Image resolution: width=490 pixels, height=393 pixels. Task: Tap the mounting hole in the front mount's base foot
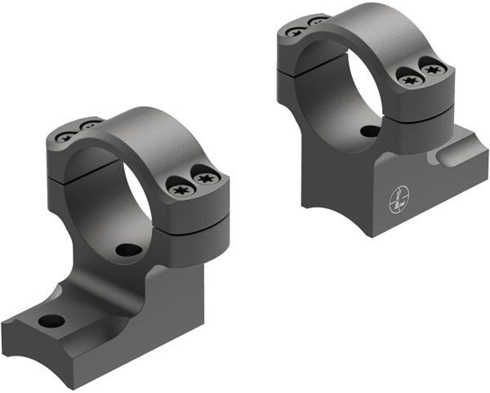(x=51, y=319)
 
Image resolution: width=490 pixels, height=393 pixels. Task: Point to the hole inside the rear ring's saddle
(x=370, y=131)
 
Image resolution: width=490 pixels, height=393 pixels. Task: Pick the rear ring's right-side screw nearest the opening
(x=409, y=78)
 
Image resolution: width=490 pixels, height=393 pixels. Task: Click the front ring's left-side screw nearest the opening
(x=89, y=125)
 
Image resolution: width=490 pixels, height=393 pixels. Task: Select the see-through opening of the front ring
(x=118, y=196)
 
